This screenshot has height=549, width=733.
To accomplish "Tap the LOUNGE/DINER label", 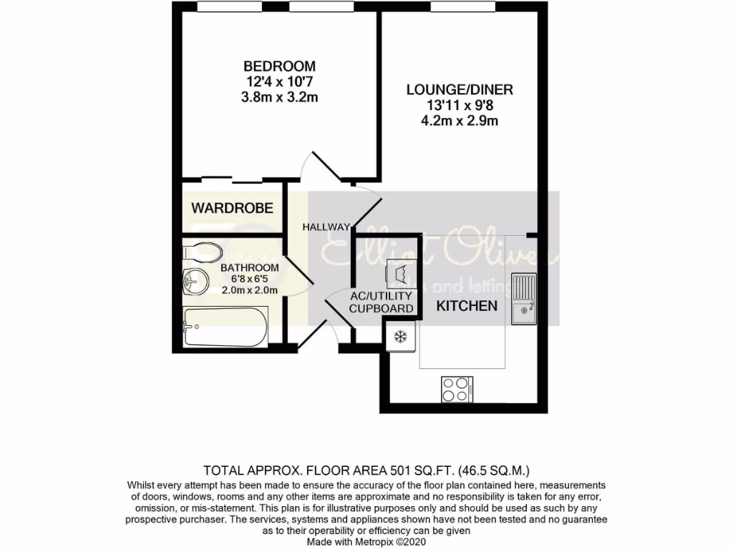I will click(460, 90).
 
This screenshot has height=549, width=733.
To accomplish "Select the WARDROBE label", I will click(232, 208).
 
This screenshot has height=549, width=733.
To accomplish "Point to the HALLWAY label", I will click(326, 227).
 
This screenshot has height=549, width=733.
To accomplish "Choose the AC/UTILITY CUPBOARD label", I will click(382, 302).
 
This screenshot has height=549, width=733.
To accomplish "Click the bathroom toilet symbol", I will click(202, 252).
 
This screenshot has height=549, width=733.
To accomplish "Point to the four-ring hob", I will click(455, 390).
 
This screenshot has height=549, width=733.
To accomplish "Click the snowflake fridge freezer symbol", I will click(400, 336).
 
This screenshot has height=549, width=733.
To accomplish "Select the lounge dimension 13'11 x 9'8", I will click(460, 106).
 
